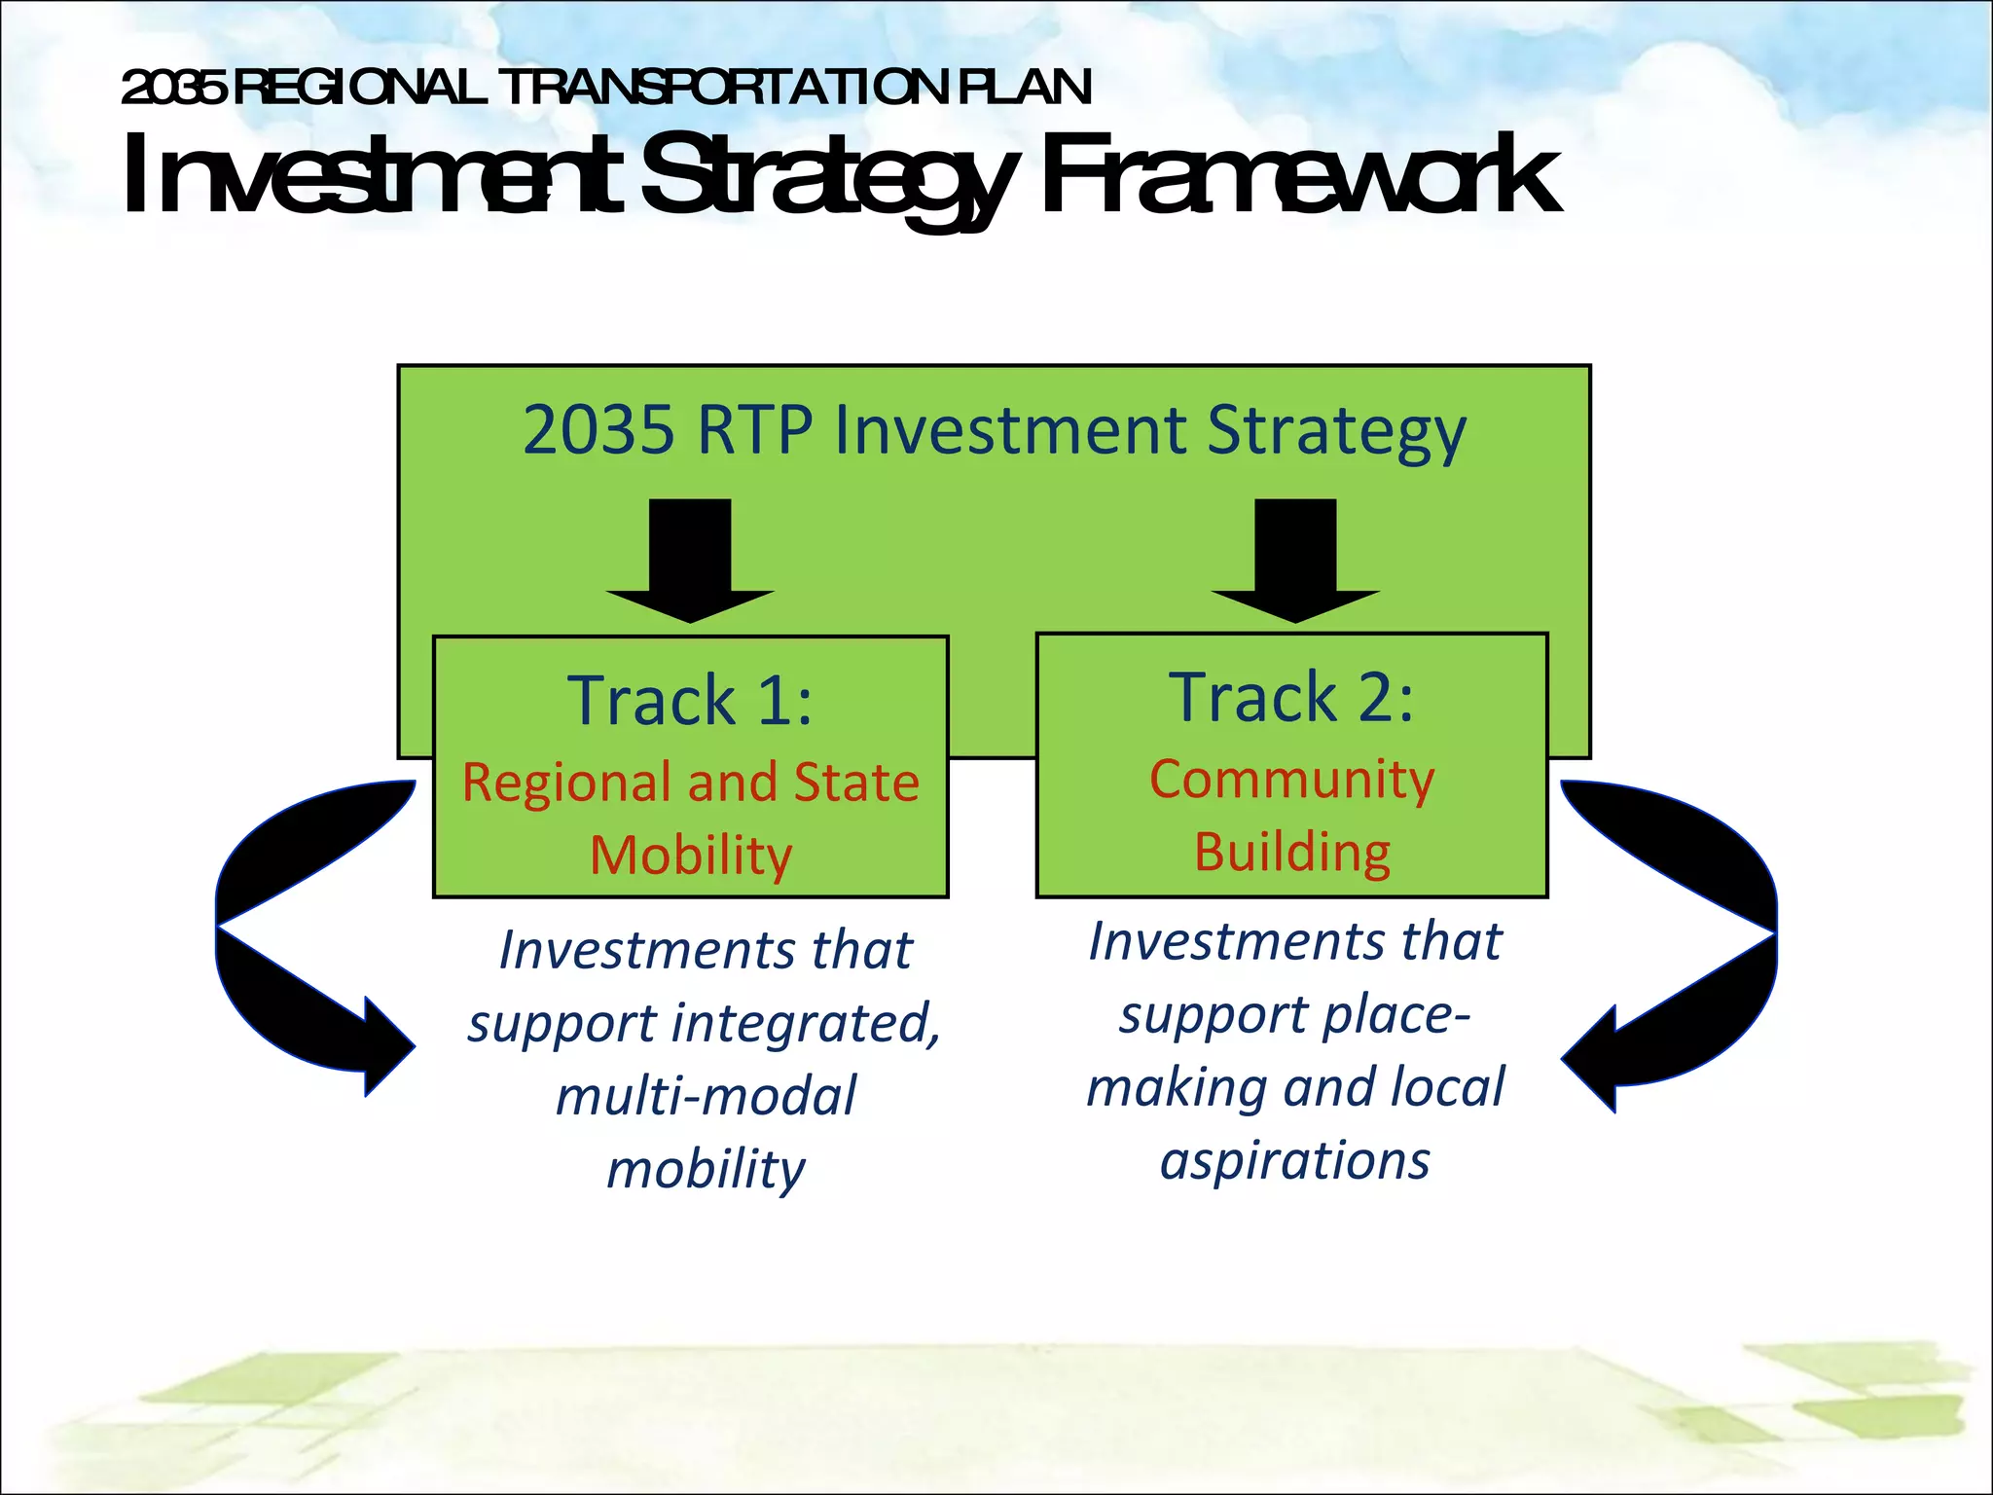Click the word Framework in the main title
(x=1299, y=175)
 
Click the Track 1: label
(x=690, y=700)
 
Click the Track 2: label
(x=1291, y=697)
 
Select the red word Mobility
(x=691, y=856)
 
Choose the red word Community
(x=1291, y=779)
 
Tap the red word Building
(x=1291, y=852)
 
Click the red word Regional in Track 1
(x=566, y=784)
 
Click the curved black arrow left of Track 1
(x=282, y=934)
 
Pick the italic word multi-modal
(x=706, y=1096)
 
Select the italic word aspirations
(x=1294, y=1160)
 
